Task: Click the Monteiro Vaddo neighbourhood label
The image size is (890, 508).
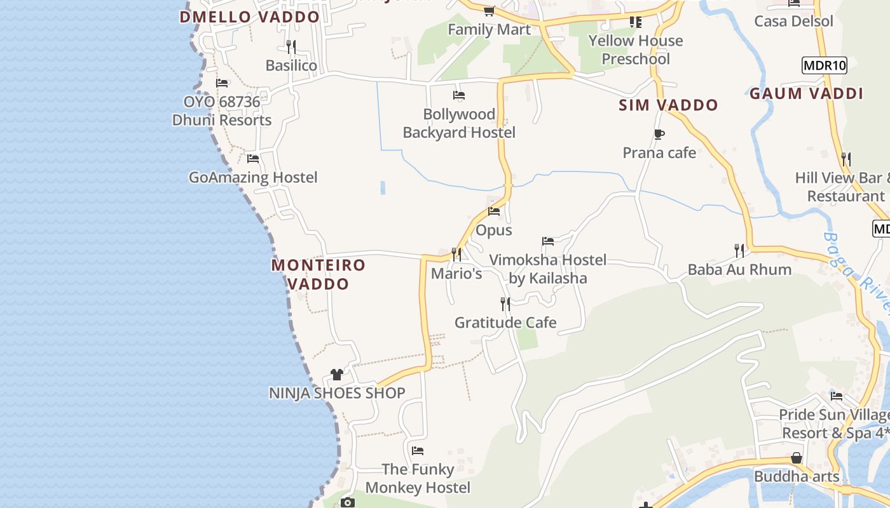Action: coord(318,274)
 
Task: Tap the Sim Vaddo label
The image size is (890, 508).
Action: coord(668,105)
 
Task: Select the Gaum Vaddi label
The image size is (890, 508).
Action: coord(806,94)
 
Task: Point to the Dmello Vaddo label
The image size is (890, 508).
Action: coord(249,17)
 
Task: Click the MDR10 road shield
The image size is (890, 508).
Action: coord(825,65)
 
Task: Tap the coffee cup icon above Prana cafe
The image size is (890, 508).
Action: coord(659,134)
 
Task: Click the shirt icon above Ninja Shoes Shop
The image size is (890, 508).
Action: coord(337,375)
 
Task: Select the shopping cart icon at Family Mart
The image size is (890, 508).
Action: coord(489,11)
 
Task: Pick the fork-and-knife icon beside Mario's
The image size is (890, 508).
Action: coord(456,255)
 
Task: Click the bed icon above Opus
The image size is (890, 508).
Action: coord(494,211)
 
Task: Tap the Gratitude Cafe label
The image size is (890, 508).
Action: coord(505,323)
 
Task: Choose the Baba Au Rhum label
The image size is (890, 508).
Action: coord(739,269)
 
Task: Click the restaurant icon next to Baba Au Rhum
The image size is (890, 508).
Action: coord(739,251)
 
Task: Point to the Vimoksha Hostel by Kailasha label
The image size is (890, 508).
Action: coord(548,269)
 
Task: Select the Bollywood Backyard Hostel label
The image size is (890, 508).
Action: coord(459,123)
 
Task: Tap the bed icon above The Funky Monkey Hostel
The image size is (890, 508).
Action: coord(418,451)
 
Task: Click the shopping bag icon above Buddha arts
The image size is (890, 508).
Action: coord(796,458)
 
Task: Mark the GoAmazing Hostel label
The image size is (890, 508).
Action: coord(253,177)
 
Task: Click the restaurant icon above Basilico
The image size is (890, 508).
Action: coord(291,46)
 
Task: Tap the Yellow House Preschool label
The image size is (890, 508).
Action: coord(636,50)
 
